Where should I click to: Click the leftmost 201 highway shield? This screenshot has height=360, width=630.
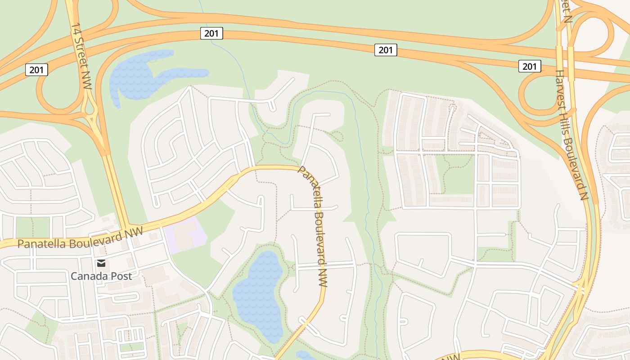point(36,70)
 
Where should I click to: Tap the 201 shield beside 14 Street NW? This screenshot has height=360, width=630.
point(211,33)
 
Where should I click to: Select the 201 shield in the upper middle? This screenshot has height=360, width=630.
point(386,50)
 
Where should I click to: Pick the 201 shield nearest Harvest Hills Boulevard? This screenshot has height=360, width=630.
point(530,66)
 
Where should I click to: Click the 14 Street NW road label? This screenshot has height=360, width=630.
point(81,56)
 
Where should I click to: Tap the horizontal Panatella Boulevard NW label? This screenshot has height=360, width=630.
point(80,238)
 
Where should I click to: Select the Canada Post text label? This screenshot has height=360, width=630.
point(101,276)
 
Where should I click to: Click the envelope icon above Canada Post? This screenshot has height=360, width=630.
point(101,263)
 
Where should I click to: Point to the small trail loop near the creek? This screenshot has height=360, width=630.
point(337,135)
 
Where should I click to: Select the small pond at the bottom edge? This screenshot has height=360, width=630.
point(306,355)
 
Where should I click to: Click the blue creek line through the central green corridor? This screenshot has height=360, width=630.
point(367,180)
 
